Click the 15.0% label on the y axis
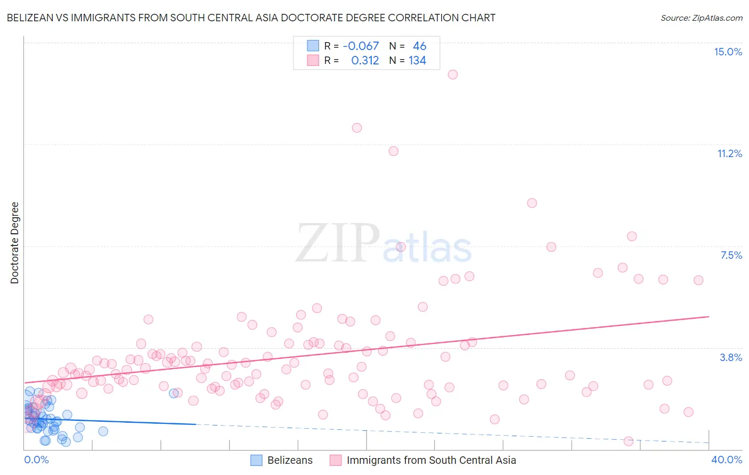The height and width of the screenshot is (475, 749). point(728,52)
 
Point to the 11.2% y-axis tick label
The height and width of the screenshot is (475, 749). point(729,153)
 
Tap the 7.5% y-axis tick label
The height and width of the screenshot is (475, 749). point(731,255)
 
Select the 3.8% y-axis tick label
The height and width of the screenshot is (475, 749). point(731,357)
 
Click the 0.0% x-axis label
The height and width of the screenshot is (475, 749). point(36,460)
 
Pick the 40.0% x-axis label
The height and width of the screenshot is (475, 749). point(726,460)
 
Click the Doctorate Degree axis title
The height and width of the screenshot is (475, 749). point(15,243)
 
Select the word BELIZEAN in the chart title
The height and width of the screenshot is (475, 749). point(31,18)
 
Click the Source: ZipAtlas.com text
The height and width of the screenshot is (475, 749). point(701,18)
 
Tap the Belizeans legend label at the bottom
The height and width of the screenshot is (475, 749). point(290,460)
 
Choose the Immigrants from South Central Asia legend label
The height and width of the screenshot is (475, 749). point(431,460)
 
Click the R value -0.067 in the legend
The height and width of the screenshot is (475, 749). point(361,46)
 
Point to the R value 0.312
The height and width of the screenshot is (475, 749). point(365,60)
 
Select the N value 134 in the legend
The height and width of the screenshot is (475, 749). point(417,60)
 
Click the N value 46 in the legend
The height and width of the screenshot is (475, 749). point(419,46)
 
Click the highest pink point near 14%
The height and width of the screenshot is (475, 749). point(453,75)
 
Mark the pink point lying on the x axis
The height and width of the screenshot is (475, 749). point(629,441)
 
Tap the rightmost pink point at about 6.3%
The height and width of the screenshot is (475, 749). point(698,280)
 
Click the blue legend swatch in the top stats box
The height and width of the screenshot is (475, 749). point(313,46)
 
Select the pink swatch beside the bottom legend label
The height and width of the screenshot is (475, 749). point(335,460)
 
